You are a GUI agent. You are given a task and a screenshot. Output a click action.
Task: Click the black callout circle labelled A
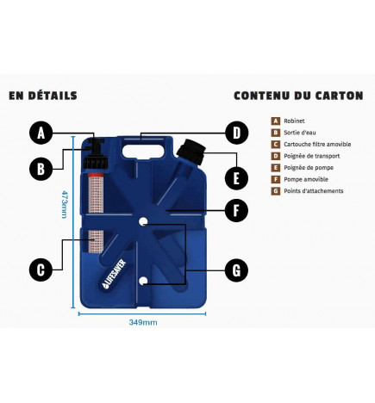pos(41,133)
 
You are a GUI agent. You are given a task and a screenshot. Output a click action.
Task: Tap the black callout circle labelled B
pos(41,169)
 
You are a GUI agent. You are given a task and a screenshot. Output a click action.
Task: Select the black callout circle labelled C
pos(41,270)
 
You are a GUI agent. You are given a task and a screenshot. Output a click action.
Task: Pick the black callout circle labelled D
pos(234,133)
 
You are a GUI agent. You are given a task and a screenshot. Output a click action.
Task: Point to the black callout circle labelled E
pos(234,179)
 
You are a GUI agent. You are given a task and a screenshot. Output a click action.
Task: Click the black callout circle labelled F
pos(234,209)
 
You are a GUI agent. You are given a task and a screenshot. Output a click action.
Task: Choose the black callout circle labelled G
pos(234,270)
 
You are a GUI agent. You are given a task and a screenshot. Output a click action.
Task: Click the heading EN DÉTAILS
pos(42,96)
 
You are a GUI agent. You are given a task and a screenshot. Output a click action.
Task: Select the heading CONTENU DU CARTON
pos(297,96)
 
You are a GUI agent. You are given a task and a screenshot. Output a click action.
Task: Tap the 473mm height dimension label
pos(64,204)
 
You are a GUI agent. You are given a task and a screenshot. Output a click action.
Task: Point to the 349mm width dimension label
pos(143,323)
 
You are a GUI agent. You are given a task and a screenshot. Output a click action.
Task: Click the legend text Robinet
pos(295,121)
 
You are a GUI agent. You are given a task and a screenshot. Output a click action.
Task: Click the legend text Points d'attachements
pos(314,190)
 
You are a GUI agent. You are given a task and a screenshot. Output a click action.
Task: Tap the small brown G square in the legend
pos(275,190)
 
